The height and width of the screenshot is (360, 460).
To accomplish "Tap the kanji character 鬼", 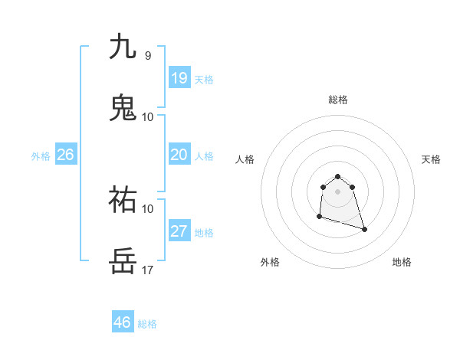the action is (123, 107).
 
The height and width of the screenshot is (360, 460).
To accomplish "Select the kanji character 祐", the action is (123, 200).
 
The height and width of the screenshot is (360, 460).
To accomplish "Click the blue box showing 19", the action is (179, 78).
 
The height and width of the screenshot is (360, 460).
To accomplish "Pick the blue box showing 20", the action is (179, 155).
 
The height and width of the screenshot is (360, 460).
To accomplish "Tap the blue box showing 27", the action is (179, 231).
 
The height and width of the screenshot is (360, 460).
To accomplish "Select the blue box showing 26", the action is (65, 155).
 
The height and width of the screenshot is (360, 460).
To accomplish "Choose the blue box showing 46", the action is (123, 322).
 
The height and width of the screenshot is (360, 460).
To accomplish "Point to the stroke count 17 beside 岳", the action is (148, 270).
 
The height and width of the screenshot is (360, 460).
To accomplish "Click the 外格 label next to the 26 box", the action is (41, 156).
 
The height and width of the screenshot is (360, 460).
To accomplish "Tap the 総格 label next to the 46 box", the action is (147, 324).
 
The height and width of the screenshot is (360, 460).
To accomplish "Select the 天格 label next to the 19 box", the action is (204, 80).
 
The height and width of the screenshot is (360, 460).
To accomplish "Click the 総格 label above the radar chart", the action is (338, 100).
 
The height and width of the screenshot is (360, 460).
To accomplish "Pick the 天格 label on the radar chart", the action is (432, 159).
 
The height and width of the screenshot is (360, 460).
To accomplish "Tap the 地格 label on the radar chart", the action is (402, 263).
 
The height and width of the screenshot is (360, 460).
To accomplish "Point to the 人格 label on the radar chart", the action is (245, 159).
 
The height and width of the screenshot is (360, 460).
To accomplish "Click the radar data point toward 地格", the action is (364, 229).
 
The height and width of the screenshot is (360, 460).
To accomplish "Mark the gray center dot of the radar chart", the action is (337, 191).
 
